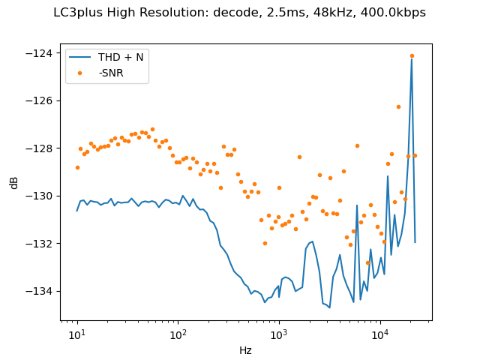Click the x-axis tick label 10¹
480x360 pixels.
click(77, 334)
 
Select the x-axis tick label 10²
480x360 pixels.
click(178, 334)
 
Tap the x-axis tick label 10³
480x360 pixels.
click(279, 334)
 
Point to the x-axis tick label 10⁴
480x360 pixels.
click(380, 334)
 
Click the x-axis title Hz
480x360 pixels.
click(245, 350)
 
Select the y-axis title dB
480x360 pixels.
click(14, 182)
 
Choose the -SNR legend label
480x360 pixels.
click(112, 72)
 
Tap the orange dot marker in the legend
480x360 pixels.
click(81, 72)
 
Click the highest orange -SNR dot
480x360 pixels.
click(412, 55)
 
